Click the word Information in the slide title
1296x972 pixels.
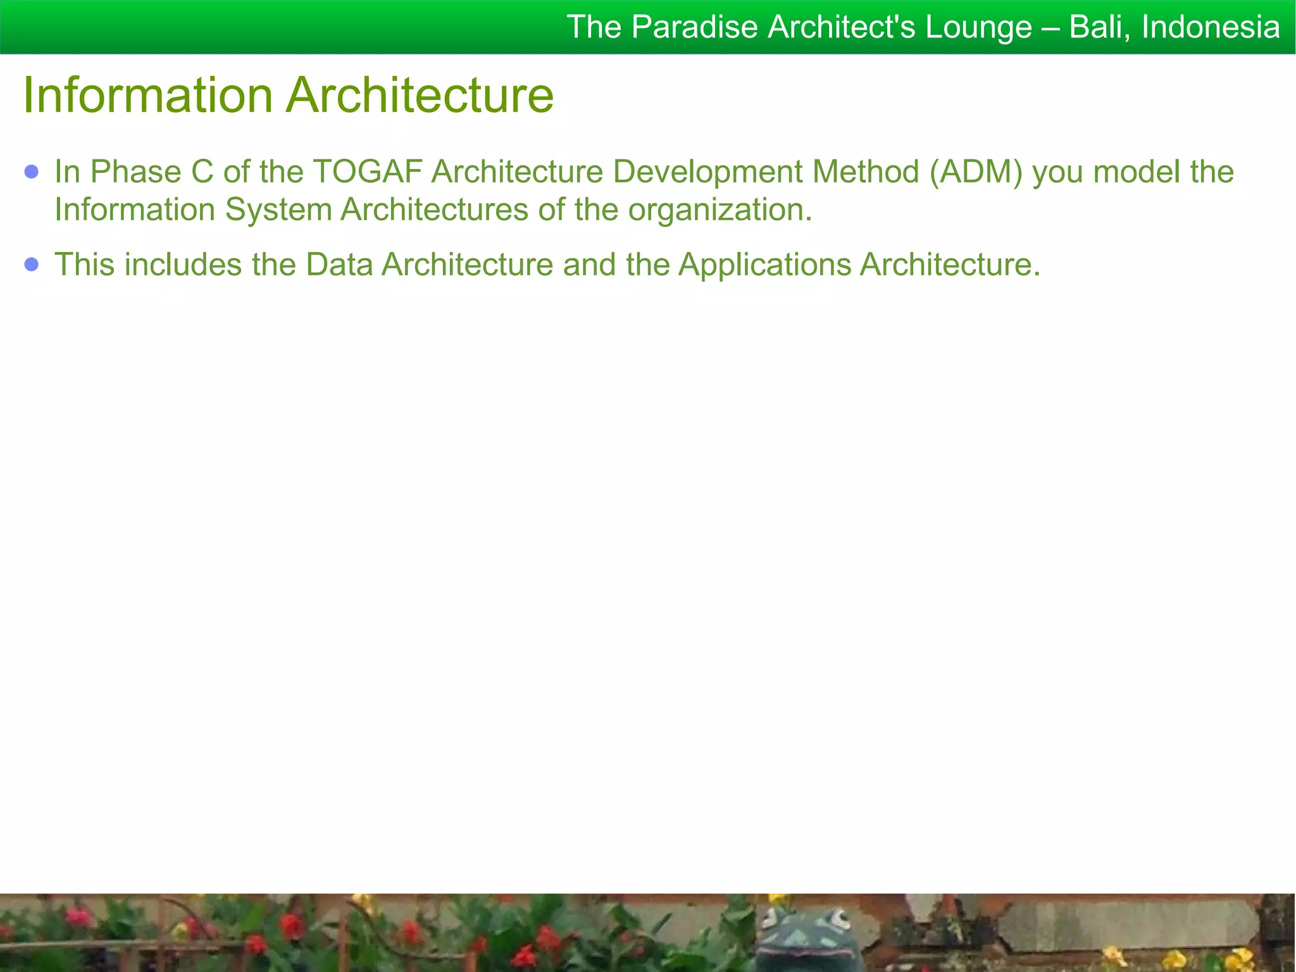coord(148,96)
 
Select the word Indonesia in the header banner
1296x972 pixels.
coord(1211,27)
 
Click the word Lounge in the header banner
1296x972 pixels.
coord(978,27)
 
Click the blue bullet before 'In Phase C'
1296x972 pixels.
coord(32,171)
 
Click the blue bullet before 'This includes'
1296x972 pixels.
coord(32,264)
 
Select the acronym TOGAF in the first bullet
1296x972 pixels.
coord(367,171)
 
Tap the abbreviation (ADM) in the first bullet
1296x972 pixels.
coord(976,171)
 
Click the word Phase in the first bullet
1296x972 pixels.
coord(135,171)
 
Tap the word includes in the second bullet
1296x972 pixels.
coord(183,265)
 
